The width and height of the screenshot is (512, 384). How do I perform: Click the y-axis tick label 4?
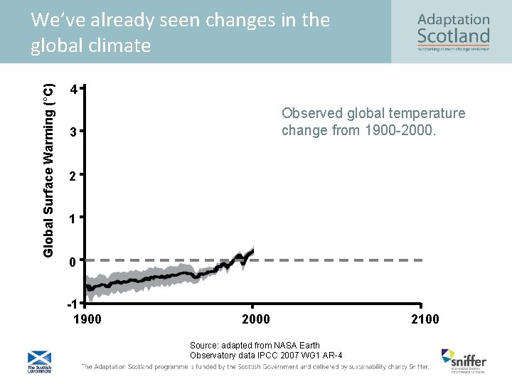(x=73, y=90)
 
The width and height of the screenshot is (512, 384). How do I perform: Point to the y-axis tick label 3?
(x=73, y=133)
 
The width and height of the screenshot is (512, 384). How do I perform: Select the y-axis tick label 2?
(x=73, y=176)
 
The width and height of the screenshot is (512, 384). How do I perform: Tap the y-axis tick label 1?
(x=73, y=219)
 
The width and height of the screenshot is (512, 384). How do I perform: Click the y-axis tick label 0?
(x=73, y=262)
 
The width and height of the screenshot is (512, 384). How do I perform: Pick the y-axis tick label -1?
(x=71, y=304)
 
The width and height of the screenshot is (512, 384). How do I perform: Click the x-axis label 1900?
(x=87, y=319)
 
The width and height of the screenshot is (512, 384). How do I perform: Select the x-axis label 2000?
(x=256, y=319)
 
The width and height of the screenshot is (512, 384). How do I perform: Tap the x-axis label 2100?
(x=425, y=319)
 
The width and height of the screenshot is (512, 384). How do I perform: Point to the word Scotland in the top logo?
(x=453, y=35)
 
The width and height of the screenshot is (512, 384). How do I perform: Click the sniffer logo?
(x=463, y=359)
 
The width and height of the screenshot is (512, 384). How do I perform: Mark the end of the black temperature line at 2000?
(x=253, y=250)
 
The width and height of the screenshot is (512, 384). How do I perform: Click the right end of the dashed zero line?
(x=423, y=260)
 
